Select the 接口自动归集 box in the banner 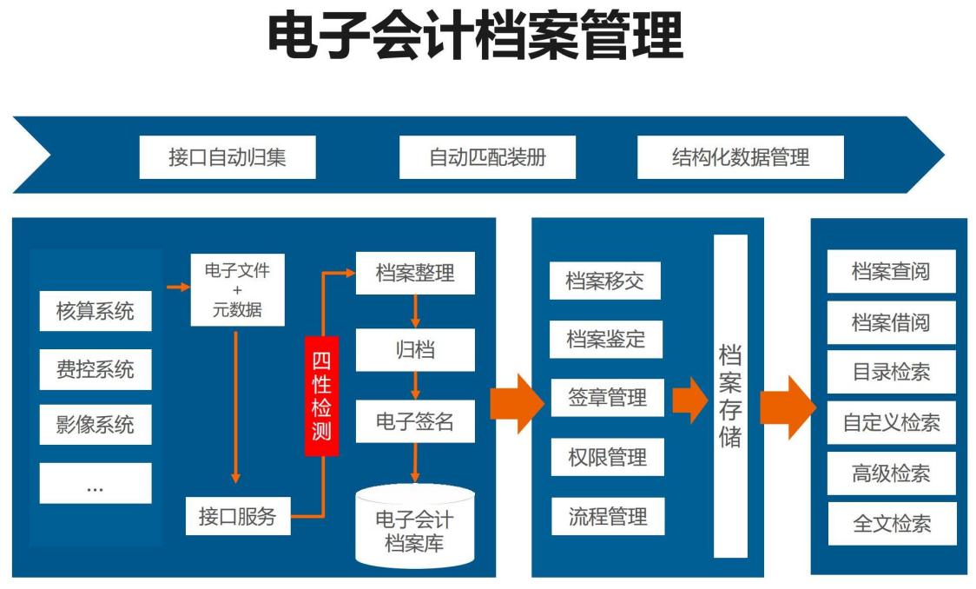227,157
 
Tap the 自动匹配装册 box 487,157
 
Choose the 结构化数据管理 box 740,157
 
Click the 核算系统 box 96,311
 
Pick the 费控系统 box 96,368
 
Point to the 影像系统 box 96,426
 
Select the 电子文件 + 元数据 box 237,289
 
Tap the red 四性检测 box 321,395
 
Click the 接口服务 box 237,517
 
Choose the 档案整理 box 414,272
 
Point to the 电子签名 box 414,422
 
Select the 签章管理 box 607,398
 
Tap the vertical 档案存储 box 730,395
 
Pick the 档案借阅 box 891,322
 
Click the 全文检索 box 891,524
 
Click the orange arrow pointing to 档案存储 689,399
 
